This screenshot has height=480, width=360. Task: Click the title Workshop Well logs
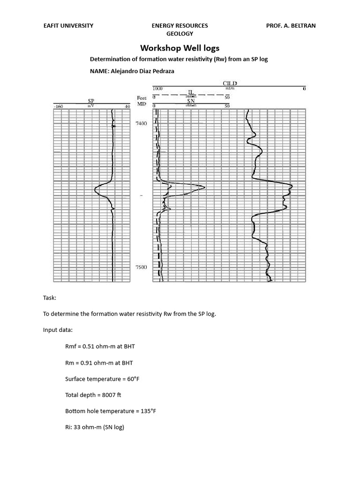tap(180, 48)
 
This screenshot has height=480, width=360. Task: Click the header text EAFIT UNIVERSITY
tap(68, 26)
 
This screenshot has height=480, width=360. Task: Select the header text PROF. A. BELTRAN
tap(291, 26)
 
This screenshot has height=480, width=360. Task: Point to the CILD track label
tap(230, 83)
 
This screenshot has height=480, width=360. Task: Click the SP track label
tap(91, 101)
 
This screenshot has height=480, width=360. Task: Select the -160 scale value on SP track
tap(58, 107)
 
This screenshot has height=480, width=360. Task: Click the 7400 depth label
tap(141, 123)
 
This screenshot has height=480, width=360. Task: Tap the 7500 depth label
tap(141, 267)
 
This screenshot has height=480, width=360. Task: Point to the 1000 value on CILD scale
tap(157, 89)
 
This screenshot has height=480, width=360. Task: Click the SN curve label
tap(191, 101)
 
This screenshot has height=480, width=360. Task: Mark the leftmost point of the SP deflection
tap(95, 190)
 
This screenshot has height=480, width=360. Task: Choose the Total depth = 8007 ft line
tap(93, 395)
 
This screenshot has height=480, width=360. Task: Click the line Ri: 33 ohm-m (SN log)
tap(94, 427)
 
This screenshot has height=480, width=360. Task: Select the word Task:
tap(50, 298)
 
